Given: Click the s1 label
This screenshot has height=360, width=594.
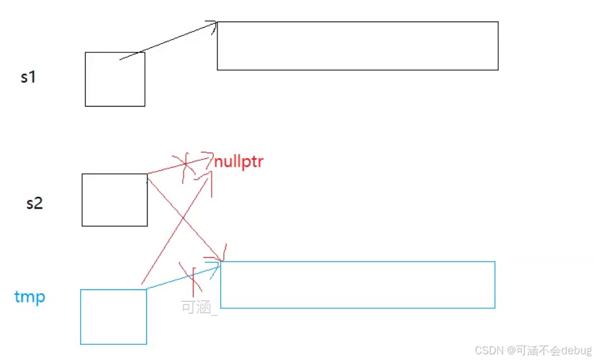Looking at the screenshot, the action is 28,78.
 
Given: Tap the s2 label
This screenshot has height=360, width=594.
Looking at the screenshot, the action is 34,203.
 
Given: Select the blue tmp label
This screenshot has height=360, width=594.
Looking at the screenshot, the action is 30,296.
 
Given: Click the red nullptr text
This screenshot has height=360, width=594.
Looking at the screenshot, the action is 238,162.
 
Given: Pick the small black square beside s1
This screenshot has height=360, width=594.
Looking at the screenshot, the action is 115,79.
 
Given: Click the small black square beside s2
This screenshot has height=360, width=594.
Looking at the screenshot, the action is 114,200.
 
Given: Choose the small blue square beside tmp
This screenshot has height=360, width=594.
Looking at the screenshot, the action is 114,316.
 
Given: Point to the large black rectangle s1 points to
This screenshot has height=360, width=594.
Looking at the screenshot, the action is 358,45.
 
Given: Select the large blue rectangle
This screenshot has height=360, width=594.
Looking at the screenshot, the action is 358,285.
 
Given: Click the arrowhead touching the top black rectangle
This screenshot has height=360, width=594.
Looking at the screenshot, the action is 213,25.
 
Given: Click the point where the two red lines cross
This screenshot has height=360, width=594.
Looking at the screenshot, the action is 183,218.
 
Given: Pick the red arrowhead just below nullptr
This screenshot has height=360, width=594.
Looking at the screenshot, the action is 206,180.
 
